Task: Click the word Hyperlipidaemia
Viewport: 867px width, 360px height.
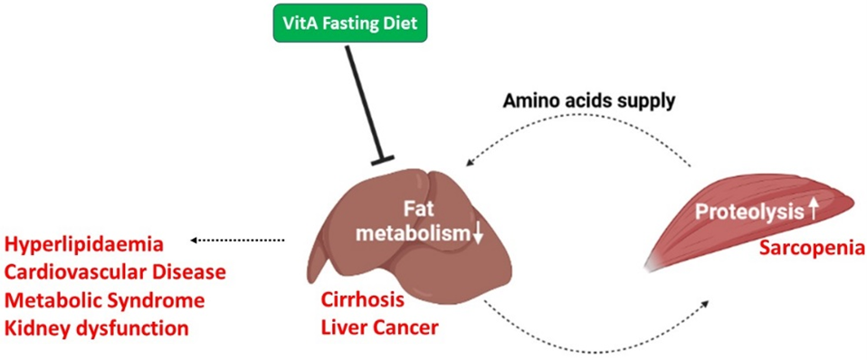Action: point(86,244)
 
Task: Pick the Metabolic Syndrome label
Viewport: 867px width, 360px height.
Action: point(104,301)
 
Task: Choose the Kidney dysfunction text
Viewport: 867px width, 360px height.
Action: point(97,328)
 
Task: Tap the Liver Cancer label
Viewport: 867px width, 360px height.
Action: point(379,328)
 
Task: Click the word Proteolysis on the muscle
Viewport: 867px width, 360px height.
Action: point(748,212)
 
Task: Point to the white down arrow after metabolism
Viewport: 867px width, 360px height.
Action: point(478,234)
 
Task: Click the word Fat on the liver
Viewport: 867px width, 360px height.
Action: point(415,211)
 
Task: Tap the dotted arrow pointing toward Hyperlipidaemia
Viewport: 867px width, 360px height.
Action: point(237,241)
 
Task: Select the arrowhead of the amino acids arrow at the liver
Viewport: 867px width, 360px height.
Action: point(471,161)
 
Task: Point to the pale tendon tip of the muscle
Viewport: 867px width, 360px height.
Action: point(653,264)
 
